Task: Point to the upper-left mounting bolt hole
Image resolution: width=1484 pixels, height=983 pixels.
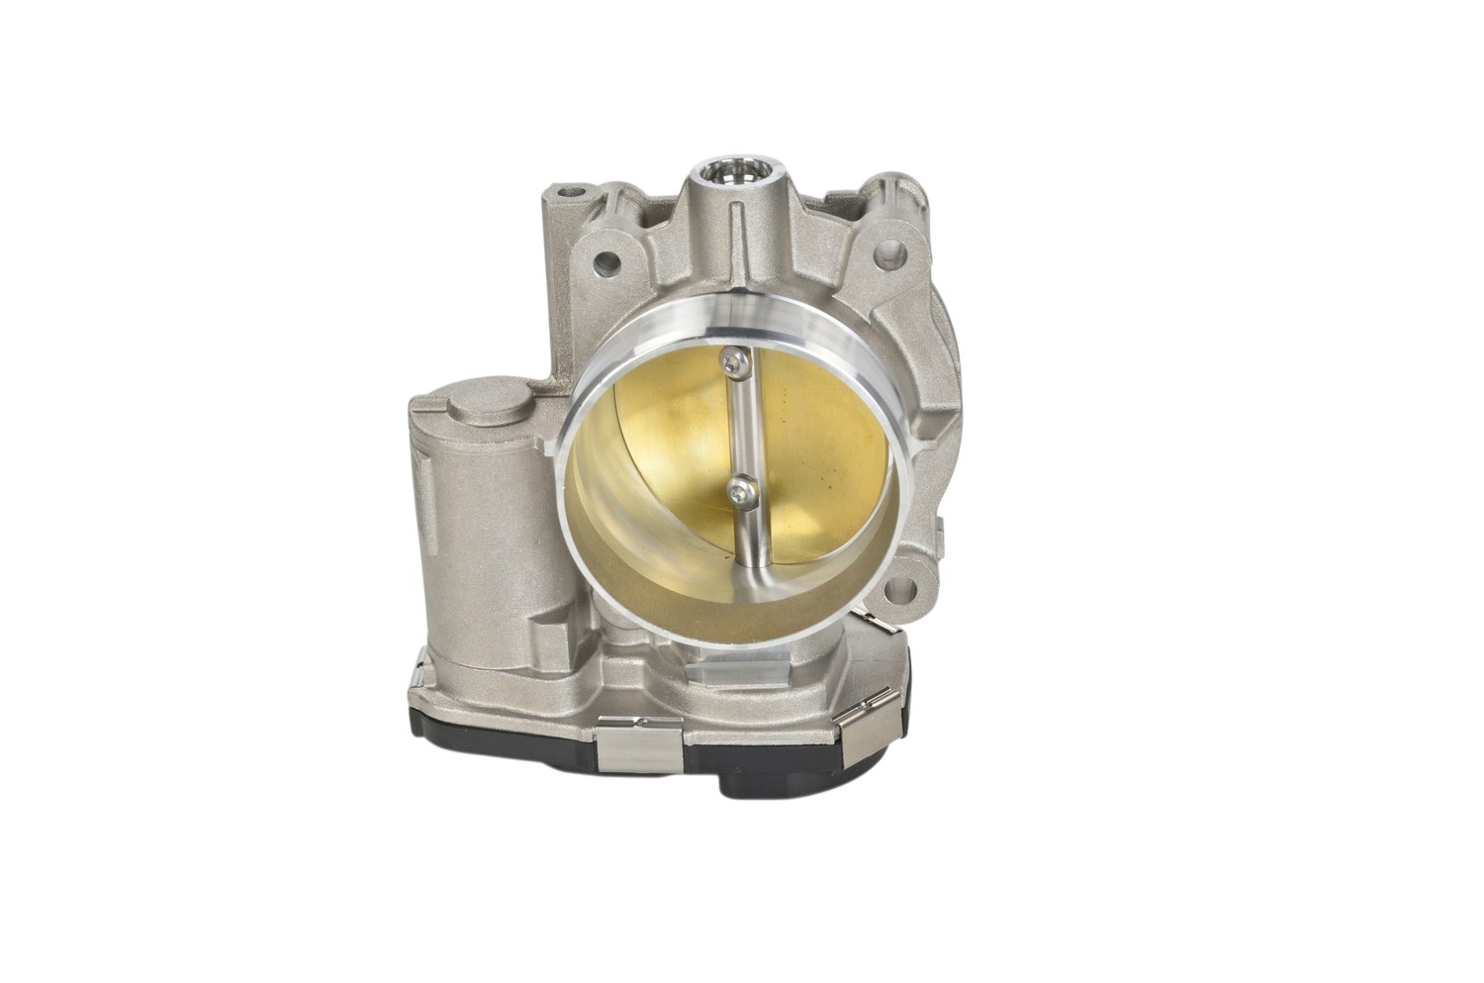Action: pos(605,264)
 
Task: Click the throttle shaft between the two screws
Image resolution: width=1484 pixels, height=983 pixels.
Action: pos(736,426)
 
